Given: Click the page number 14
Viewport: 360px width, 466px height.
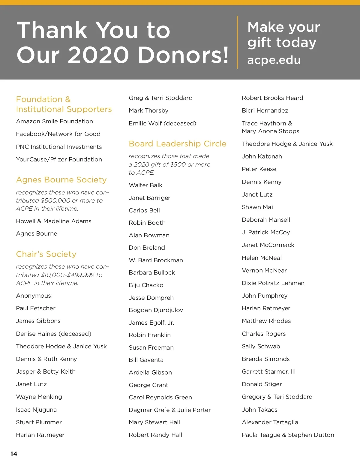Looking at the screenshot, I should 14,454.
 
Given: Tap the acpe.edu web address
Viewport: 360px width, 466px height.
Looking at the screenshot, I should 274,60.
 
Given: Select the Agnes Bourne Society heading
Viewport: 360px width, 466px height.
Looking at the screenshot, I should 61,180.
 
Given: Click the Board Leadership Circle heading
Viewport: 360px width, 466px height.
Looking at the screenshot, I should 177,144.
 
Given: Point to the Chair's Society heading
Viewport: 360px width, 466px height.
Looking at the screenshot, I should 46,254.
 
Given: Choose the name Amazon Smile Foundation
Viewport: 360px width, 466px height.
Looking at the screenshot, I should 54,121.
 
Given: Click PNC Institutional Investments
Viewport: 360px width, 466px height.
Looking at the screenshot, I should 59,147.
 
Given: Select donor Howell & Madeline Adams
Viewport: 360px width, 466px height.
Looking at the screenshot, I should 53,221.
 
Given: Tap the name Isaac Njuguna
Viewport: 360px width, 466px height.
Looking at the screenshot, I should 36,410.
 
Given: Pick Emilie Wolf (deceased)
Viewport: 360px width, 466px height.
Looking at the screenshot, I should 162,123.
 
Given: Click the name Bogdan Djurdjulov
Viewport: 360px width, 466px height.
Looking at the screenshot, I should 156,310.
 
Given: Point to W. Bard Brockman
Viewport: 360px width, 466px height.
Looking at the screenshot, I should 156,260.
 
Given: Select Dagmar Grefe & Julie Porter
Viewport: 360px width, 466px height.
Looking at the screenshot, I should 169,410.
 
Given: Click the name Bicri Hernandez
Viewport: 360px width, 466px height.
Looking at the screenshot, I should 265,110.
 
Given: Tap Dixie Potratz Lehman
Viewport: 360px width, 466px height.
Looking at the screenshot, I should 273,283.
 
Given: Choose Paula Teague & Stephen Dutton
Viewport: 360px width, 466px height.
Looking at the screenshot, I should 288,435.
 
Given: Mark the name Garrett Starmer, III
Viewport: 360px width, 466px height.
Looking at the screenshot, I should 268,371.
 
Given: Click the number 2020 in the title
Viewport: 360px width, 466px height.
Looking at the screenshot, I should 98,55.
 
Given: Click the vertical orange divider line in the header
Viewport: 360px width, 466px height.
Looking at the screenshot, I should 237,42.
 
